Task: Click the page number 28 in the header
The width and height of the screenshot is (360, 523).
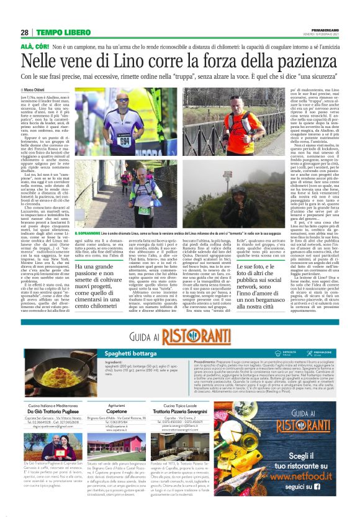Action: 24,32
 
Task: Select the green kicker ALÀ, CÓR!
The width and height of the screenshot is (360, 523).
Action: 35,47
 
